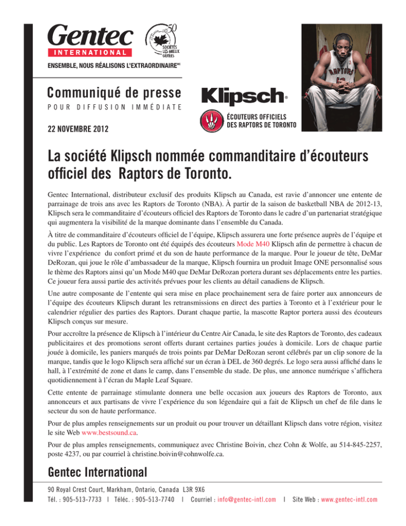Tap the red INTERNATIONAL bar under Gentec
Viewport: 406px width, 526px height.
point(89,53)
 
